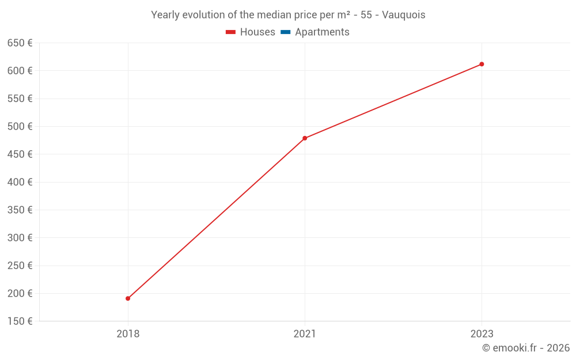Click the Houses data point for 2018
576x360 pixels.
[x=128, y=298]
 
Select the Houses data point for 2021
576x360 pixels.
[x=305, y=138]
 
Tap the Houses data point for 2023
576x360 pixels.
[x=482, y=64]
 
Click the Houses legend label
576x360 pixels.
[x=257, y=32]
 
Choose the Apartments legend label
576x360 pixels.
[x=322, y=32]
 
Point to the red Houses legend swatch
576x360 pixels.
[x=231, y=32]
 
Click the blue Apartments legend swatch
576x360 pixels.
[x=286, y=32]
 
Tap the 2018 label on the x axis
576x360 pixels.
[x=128, y=334]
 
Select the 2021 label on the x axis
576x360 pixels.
[x=305, y=334]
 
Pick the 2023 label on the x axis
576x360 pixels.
[x=482, y=334]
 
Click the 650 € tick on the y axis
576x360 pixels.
[x=20, y=43]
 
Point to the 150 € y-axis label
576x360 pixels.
[x=20, y=321]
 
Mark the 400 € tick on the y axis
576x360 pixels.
[x=20, y=182]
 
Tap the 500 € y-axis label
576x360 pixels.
[x=20, y=126]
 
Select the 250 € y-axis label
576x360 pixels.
[x=20, y=266]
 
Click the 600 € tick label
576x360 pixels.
[x=20, y=71]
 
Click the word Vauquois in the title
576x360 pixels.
[x=404, y=15]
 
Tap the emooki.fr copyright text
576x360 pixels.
[x=526, y=348]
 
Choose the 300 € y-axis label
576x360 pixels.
[x=20, y=238]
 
